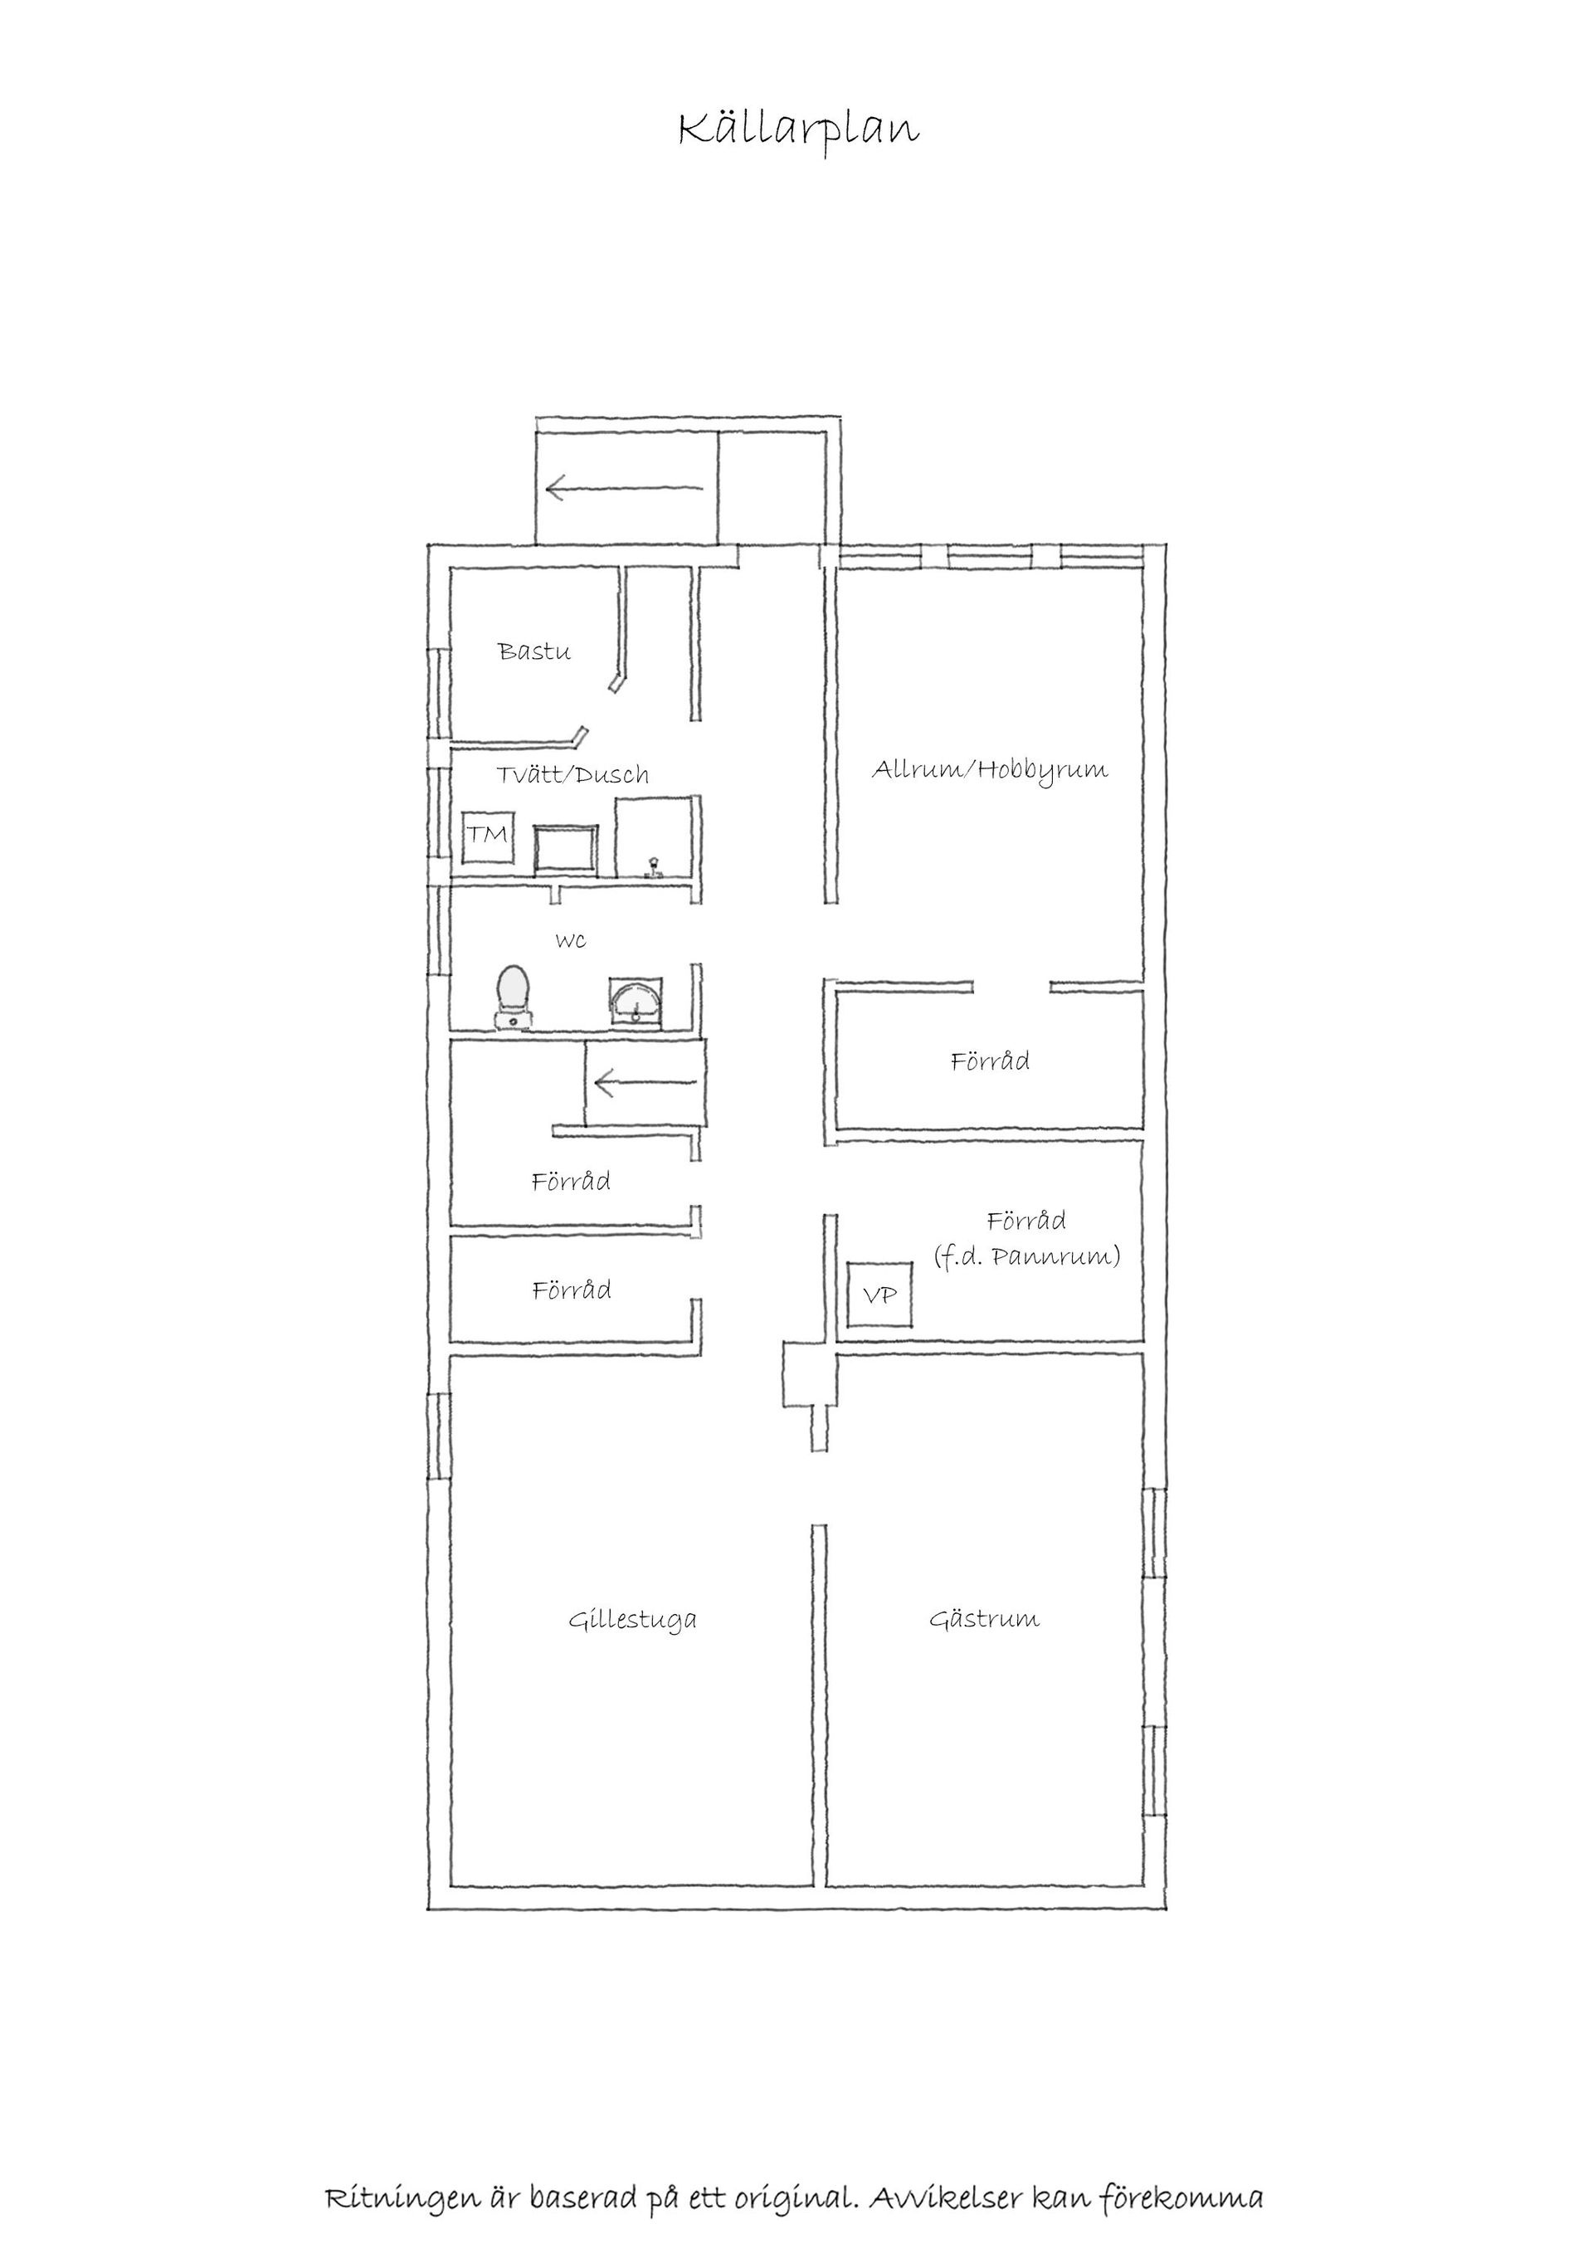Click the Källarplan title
point(798,131)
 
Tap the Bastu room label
point(533,651)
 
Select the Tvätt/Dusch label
point(572,775)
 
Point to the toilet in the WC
point(514,997)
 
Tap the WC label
point(571,941)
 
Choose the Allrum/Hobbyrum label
point(991,770)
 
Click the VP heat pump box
point(879,1295)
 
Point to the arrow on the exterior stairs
point(625,488)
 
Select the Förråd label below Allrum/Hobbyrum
point(990,1061)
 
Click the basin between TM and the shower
point(566,849)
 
